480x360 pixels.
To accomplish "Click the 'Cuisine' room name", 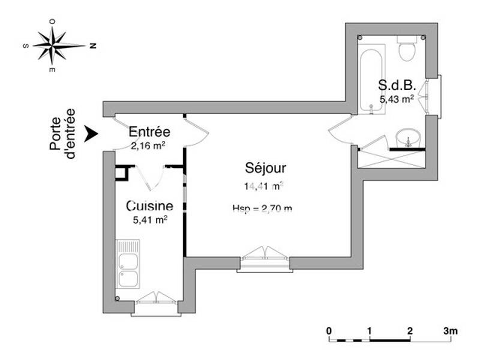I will pyautogui.click(x=149, y=206).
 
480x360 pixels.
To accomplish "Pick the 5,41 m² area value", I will pyautogui.click(x=149, y=220).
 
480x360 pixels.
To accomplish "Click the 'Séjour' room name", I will pyautogui.click(x=265, y=167).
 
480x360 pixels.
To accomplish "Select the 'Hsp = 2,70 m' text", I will pyautogui.click(x=262, y=209).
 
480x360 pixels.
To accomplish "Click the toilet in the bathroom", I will pyautogui.click(x=408, y=48).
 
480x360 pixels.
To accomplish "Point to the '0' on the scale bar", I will pyautogui.click(x=329, y=331).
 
